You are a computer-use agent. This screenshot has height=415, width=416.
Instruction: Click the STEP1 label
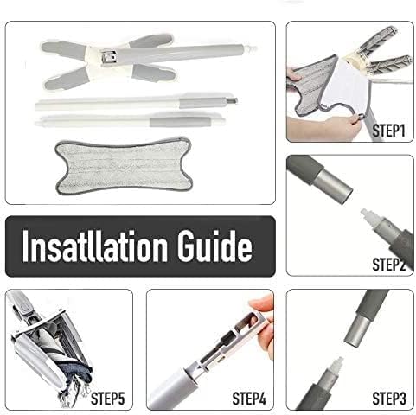tap(388, 131)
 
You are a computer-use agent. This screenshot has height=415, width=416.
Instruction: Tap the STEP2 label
tap(388, 265)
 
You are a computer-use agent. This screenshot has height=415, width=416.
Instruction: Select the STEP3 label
tap(389, 399)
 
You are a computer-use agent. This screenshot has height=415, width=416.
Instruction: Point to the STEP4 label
tap(249, 399)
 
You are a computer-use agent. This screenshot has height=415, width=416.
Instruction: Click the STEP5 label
tap(108, 399)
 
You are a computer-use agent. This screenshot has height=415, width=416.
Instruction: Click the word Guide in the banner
tap(214, 246)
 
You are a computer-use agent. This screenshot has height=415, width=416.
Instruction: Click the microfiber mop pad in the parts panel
tap(124, 166)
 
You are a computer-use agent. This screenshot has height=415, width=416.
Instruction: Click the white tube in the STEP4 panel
tap(173, 388)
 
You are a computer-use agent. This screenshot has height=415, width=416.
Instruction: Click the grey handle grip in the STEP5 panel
tap(21, 304)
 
